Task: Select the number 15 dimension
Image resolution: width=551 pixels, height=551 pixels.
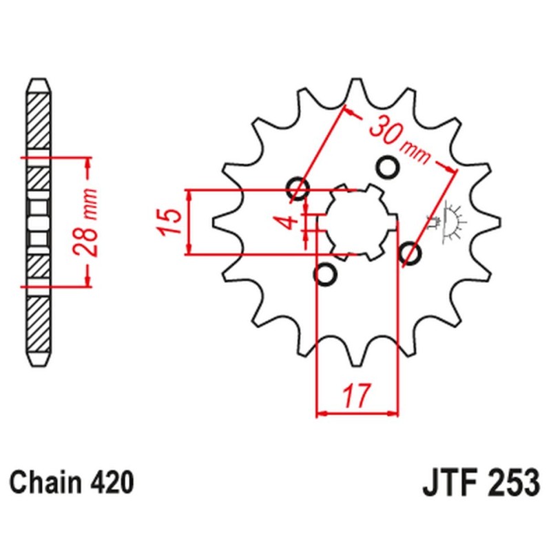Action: [x=171, y=221]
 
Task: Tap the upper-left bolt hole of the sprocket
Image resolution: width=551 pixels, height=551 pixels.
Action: [x=297, y=187]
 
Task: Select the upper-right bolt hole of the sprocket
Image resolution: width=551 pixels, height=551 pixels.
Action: [x=388, y=167]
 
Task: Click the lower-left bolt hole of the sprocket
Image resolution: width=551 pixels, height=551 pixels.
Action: [x=325, y=274]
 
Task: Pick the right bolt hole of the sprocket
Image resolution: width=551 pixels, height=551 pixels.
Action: [x=410, y=253]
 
